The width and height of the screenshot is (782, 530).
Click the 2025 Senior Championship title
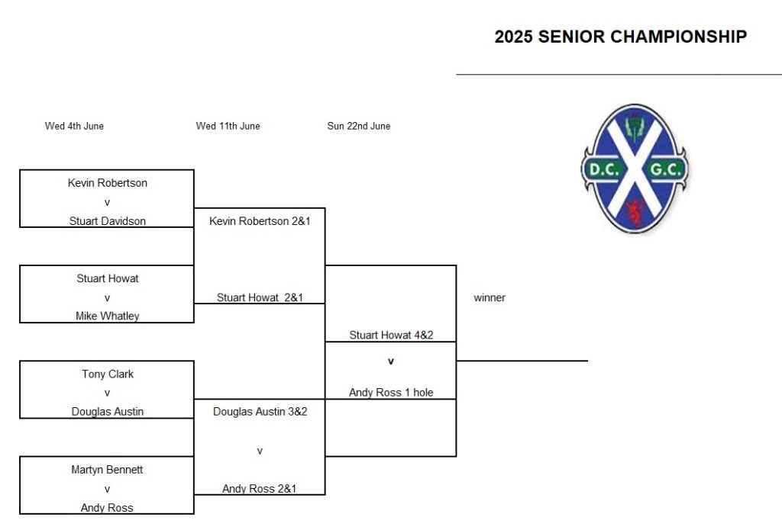coord(620,37)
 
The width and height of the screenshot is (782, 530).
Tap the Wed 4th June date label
coord(74,126)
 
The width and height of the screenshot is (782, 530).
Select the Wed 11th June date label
coord(228,126)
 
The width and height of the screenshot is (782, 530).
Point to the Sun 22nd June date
coord(359,126)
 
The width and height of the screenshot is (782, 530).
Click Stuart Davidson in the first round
coord(107,221)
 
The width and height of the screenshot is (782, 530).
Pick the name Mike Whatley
coord(107,316)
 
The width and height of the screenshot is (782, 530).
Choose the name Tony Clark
coord(108,374)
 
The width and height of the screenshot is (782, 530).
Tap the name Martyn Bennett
coord(107,470)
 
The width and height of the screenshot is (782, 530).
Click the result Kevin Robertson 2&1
coord(260,221)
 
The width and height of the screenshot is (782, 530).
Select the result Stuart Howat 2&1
coord(260,297)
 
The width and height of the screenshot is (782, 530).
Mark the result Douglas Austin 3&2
coord(260,412)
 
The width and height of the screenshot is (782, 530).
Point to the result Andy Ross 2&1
coord(260,489)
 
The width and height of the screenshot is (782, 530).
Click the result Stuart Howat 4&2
coord(391,336)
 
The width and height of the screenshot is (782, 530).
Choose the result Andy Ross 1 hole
coord(391,393)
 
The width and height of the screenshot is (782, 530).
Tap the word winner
coord(490,298)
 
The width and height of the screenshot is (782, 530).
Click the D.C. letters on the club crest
coord(603,169)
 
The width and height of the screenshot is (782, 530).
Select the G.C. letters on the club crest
coord(665,169)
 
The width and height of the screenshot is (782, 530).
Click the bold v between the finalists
coord(391,361)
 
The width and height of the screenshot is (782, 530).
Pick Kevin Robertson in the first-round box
coord(107,183)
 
